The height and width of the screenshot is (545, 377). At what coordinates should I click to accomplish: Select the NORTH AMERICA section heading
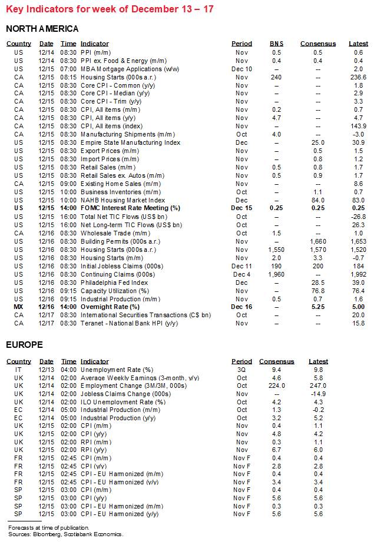click(x=42, y=29)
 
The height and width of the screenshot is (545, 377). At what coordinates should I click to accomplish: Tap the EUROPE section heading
click(x=25, y=344)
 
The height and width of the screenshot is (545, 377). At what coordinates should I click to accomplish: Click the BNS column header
click(x=276, y=44)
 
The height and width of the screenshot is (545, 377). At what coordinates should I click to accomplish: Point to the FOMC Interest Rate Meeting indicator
click(x=130, y=208)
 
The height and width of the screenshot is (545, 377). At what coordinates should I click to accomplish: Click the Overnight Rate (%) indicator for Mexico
click(x=110, y=307)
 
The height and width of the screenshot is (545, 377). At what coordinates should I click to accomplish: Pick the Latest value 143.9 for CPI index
click(x=358, y=126)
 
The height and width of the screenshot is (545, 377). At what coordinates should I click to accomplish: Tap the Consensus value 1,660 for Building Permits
click(x=318, y=241)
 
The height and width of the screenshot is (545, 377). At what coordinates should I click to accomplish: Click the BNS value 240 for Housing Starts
click(x=276, y=77)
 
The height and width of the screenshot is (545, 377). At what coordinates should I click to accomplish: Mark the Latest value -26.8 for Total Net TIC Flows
click(x=358, y=217)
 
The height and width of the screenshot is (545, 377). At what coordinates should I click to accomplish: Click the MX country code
click(x=19, y=307)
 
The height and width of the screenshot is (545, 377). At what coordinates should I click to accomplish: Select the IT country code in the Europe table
click(x=19, y=370)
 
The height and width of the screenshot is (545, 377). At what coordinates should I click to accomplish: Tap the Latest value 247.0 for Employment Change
click(x=318, y=386)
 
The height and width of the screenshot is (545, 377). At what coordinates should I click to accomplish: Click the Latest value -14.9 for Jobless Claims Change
click(x=318, y=394)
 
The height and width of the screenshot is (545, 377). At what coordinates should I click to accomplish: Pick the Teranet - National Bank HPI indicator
click(x=125, y=323)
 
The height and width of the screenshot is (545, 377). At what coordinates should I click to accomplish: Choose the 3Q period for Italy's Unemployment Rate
click(x=242, y=370)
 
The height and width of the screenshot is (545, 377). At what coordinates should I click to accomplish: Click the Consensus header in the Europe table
click(x=276, y=361)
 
